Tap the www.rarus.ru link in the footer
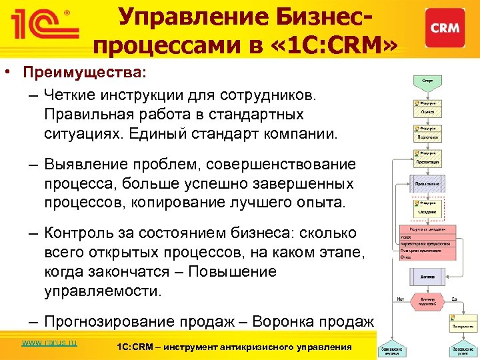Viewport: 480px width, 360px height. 49,343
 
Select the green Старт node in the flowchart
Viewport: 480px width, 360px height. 427,79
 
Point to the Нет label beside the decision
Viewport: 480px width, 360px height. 401,299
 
